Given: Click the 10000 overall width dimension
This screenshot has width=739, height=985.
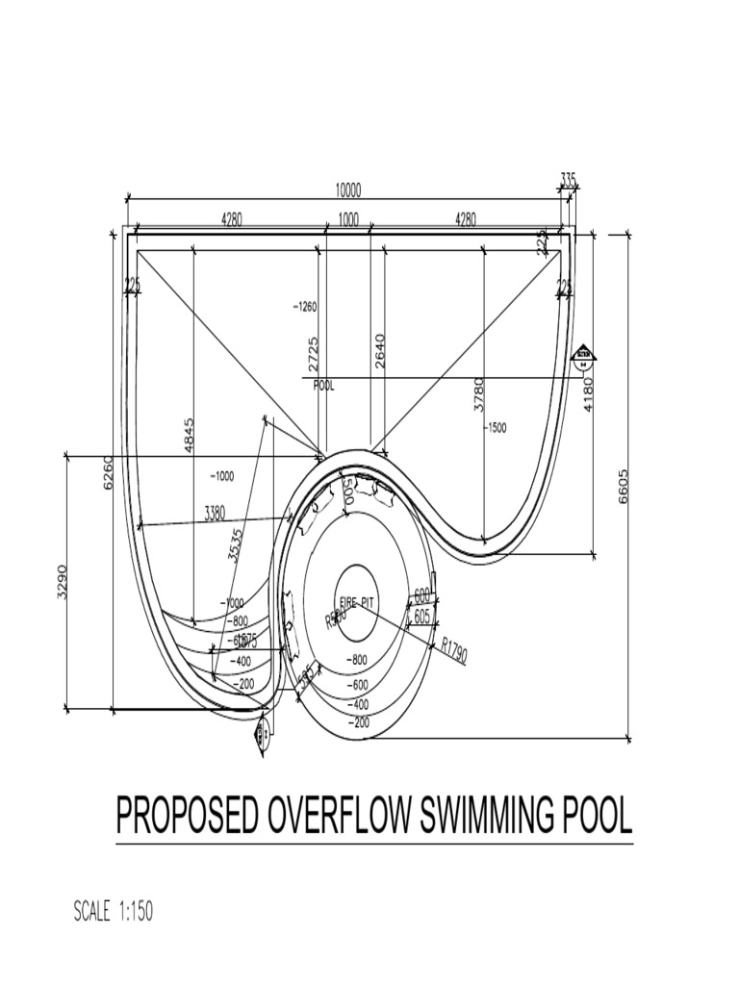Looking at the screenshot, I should (x=348, y=190).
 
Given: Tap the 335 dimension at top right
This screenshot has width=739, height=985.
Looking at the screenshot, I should (x=568, y=179).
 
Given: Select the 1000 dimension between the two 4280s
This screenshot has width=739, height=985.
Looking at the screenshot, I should (x=348, y=219).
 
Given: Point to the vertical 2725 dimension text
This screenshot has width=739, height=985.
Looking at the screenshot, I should (x=313, y=354).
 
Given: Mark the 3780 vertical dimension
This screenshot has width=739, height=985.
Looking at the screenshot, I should (x=478, y=394).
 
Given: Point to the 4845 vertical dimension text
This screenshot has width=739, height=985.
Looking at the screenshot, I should (x=189, y=435).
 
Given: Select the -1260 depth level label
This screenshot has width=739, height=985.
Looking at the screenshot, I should (x=304, y=308).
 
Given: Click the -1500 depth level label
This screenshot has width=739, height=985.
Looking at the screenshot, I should (x=496, y=427).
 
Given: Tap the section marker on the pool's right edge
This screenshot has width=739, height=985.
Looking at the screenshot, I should (x=583, y=359).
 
